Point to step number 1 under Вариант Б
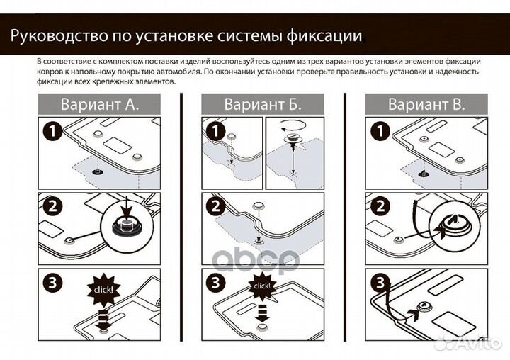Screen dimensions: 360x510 click(214, 131)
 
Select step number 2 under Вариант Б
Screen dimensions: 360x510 click(214, 207)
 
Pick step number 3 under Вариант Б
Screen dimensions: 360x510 click(214, 283)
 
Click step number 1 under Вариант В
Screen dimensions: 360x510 click(378, 131)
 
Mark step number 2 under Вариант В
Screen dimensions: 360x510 click(378, 207)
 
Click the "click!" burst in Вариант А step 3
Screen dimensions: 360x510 click(104, 289)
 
